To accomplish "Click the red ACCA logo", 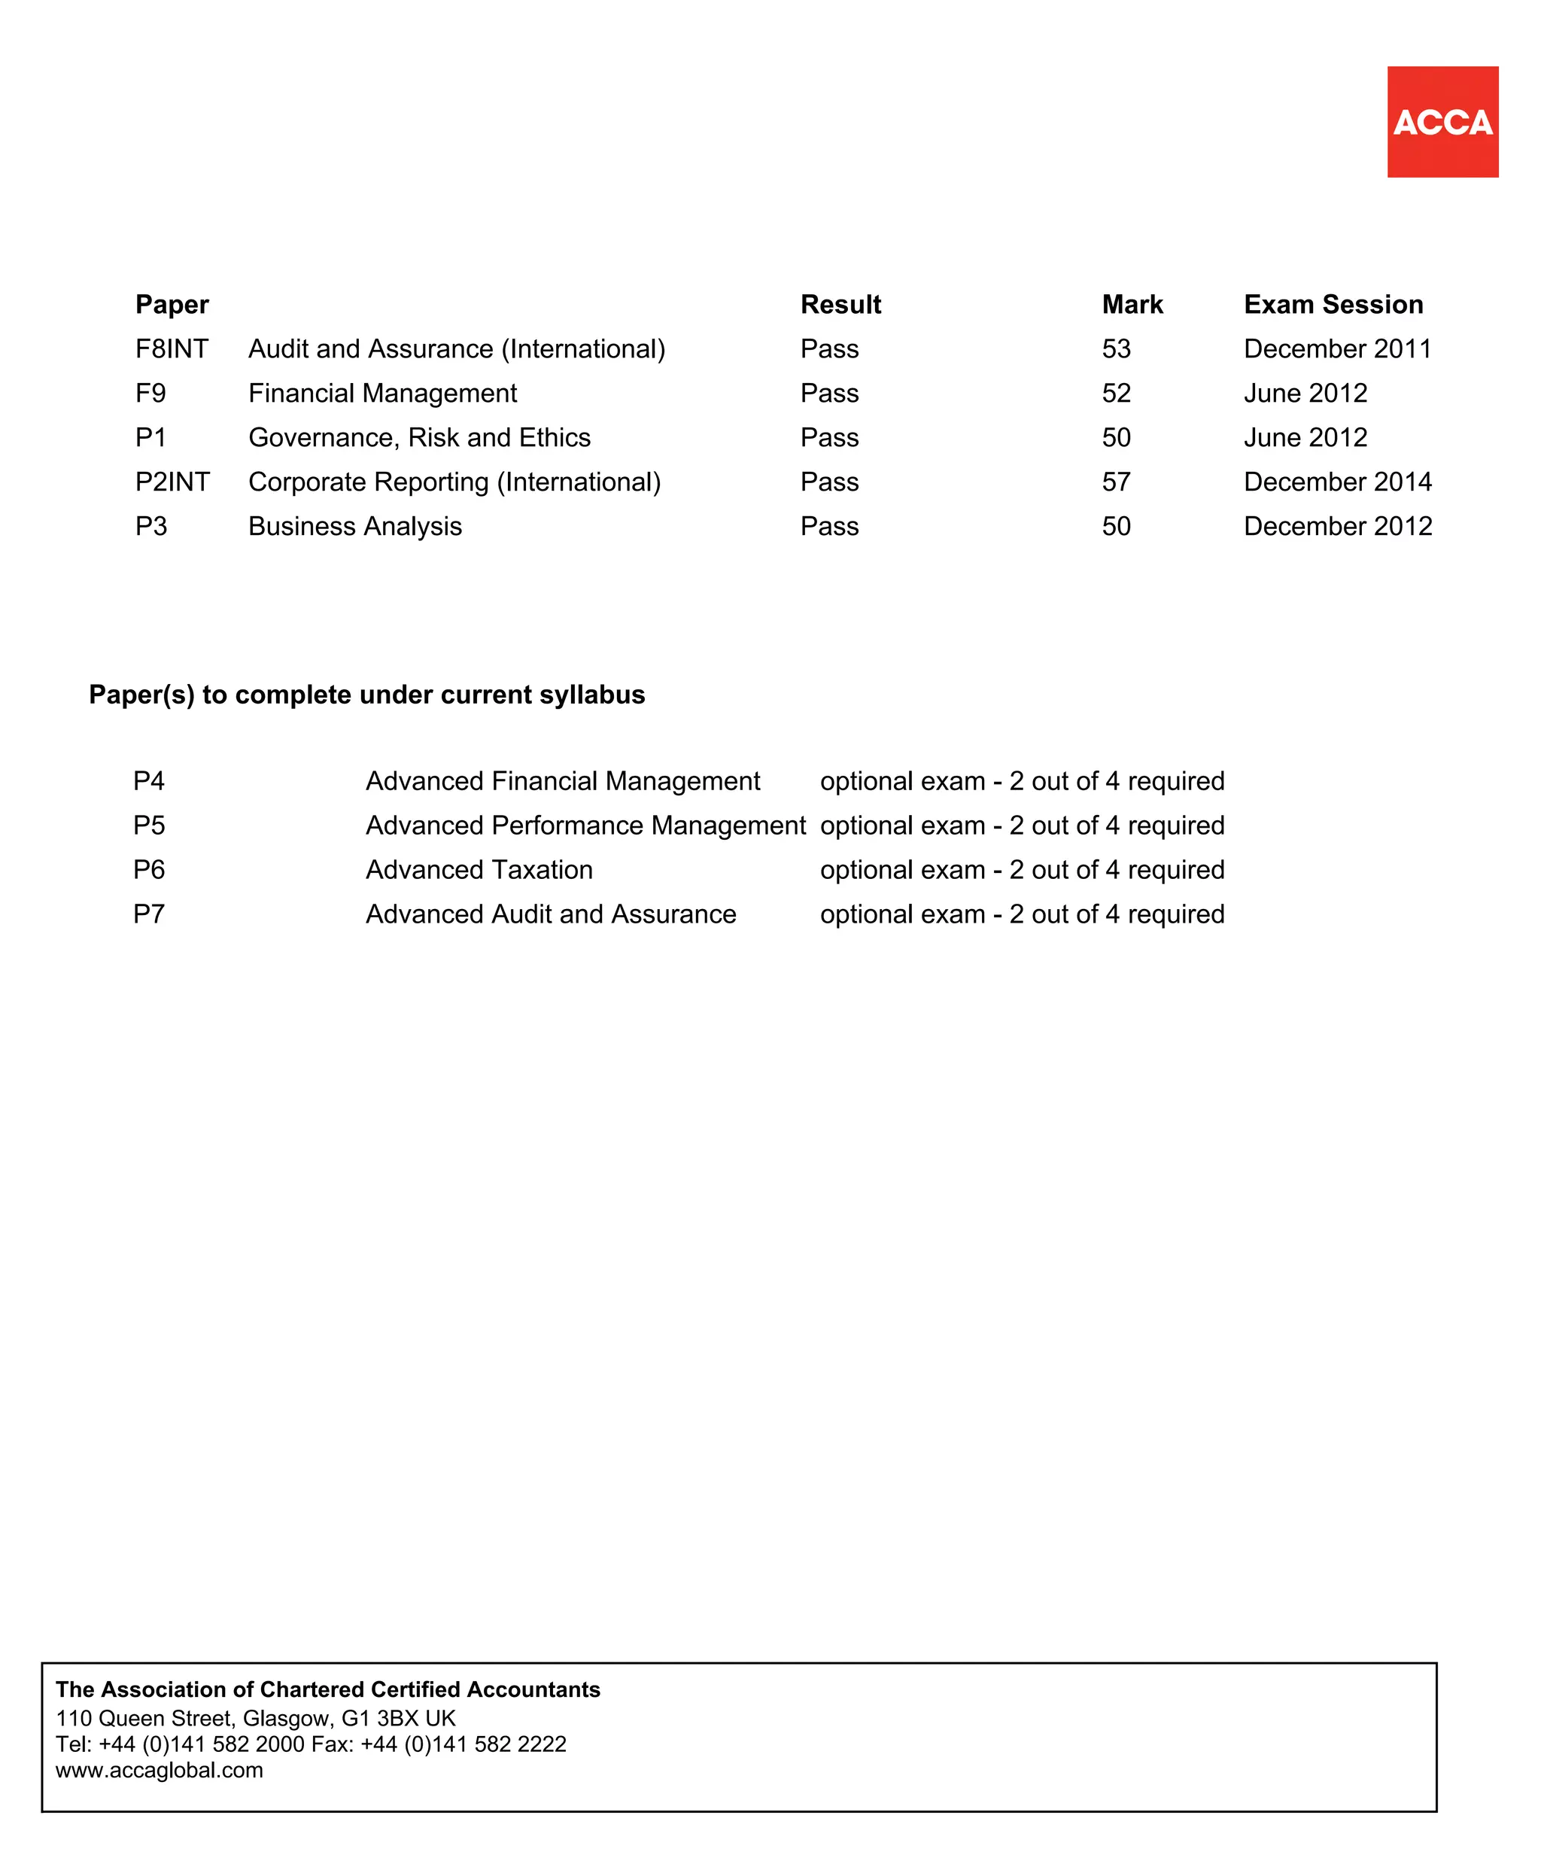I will [x=1442, y=122].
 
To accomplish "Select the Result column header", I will [x=840, y=305].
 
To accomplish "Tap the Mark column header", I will [x=1132, y=305].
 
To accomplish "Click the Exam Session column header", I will [x=1333, y=305].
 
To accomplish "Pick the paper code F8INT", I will [x=172, y=349].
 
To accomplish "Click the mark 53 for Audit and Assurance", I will [x=1116, y=349].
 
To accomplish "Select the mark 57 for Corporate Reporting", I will [x=1116, y=482].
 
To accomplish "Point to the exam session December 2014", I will [x=1337, y=482].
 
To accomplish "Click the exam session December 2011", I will [x=1337, y=349].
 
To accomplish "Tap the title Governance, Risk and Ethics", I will [x=419, y=438].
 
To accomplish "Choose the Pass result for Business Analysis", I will [x=829, y=527].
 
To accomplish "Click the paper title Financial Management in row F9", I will [x=382, y=394].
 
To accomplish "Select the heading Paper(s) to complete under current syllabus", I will [x=366, y=695].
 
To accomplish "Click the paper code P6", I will [x=149, y=869].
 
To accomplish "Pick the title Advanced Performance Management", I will [x=585, y=825].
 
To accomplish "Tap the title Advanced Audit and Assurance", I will [x=550, y=914].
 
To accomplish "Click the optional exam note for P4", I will [x=1022, y=780].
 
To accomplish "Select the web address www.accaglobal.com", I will [x=159, y=1769].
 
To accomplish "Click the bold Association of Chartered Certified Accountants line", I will [x=327, y=1689].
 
